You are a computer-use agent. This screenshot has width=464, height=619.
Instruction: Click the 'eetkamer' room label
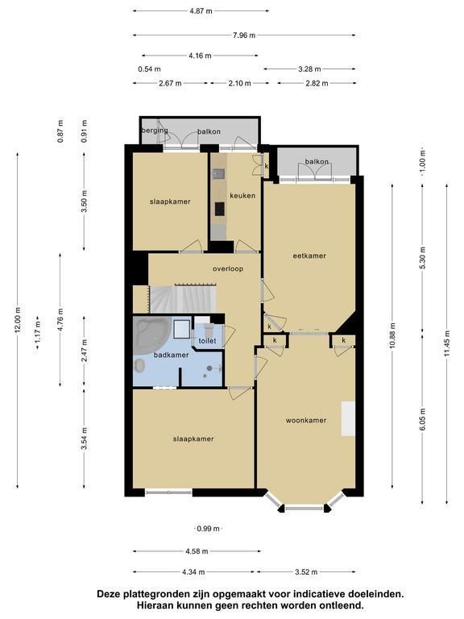[309, 255]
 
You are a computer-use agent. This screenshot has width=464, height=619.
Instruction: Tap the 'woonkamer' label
[306, 421]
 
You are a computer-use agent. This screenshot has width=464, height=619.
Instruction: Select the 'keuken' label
[242, 195]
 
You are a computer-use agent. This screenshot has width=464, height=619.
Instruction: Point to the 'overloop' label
[228, 269]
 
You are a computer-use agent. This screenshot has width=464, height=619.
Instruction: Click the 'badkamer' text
[172, 355]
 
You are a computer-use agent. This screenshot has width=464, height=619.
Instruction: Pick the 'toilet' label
[207, 341]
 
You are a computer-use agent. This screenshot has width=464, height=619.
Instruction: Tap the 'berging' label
[155, 131]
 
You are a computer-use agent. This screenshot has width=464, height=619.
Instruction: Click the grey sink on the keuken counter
[218, 174]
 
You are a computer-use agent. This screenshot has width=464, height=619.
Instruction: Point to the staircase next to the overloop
[183, 299]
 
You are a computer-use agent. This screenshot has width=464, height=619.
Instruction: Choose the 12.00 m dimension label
[18, 319]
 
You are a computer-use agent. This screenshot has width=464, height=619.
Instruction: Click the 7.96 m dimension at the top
[244, 35]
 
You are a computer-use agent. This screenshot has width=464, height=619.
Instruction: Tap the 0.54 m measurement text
[149, 69]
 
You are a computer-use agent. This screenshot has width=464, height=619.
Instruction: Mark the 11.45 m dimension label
[446, 343]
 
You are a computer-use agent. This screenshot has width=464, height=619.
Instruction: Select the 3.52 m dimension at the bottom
[306, 571]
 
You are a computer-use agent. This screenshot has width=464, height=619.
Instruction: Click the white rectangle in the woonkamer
[348, 419]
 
